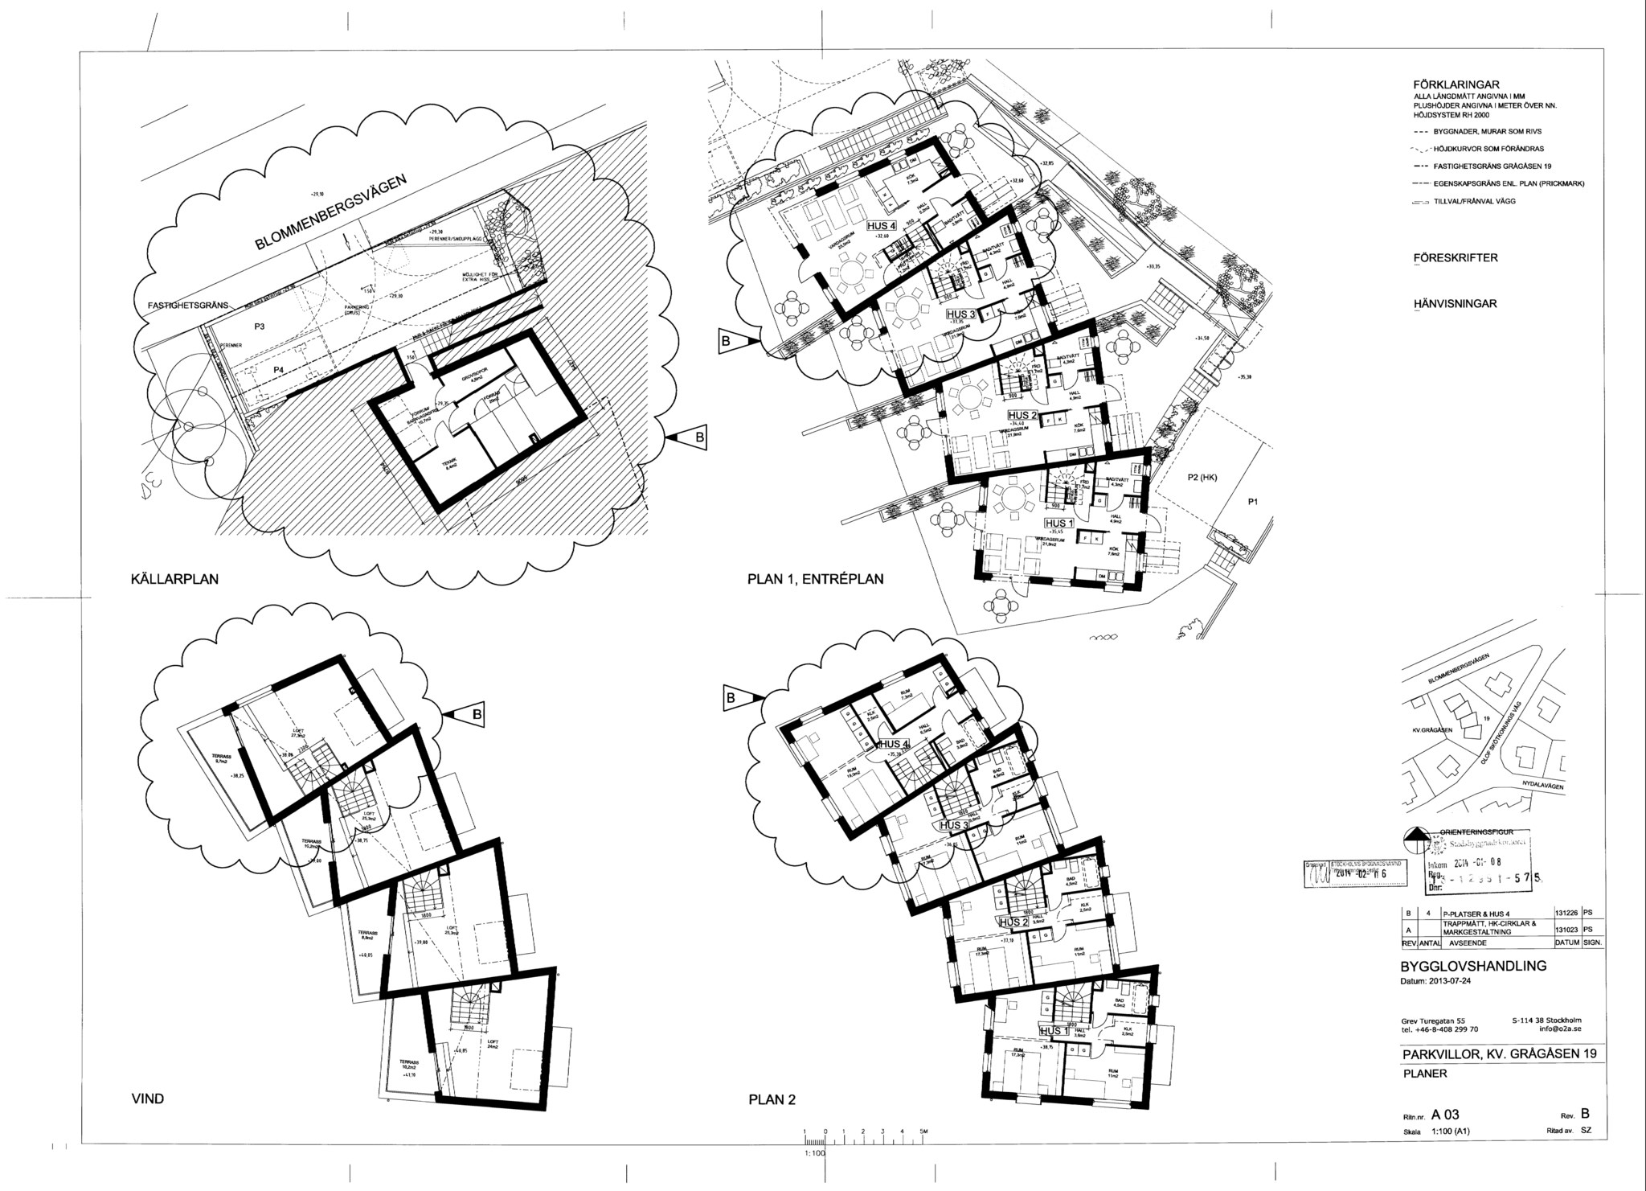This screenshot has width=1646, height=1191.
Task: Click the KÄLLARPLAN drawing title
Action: pos(174,579)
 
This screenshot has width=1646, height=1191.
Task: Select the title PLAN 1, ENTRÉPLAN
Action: pos(815,579)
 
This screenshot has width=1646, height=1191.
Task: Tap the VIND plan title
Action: pos(148,1099)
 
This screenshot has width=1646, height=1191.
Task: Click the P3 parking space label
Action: pos(260,326)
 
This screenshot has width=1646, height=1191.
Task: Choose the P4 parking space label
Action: pos(279,369)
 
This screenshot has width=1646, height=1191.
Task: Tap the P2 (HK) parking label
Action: pos(1203,478)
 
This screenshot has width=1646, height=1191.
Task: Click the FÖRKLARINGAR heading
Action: pos(1456,84)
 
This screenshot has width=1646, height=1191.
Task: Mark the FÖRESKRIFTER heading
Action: pos(1455,258)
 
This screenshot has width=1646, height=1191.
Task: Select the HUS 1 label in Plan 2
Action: pos(1054,1031)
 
